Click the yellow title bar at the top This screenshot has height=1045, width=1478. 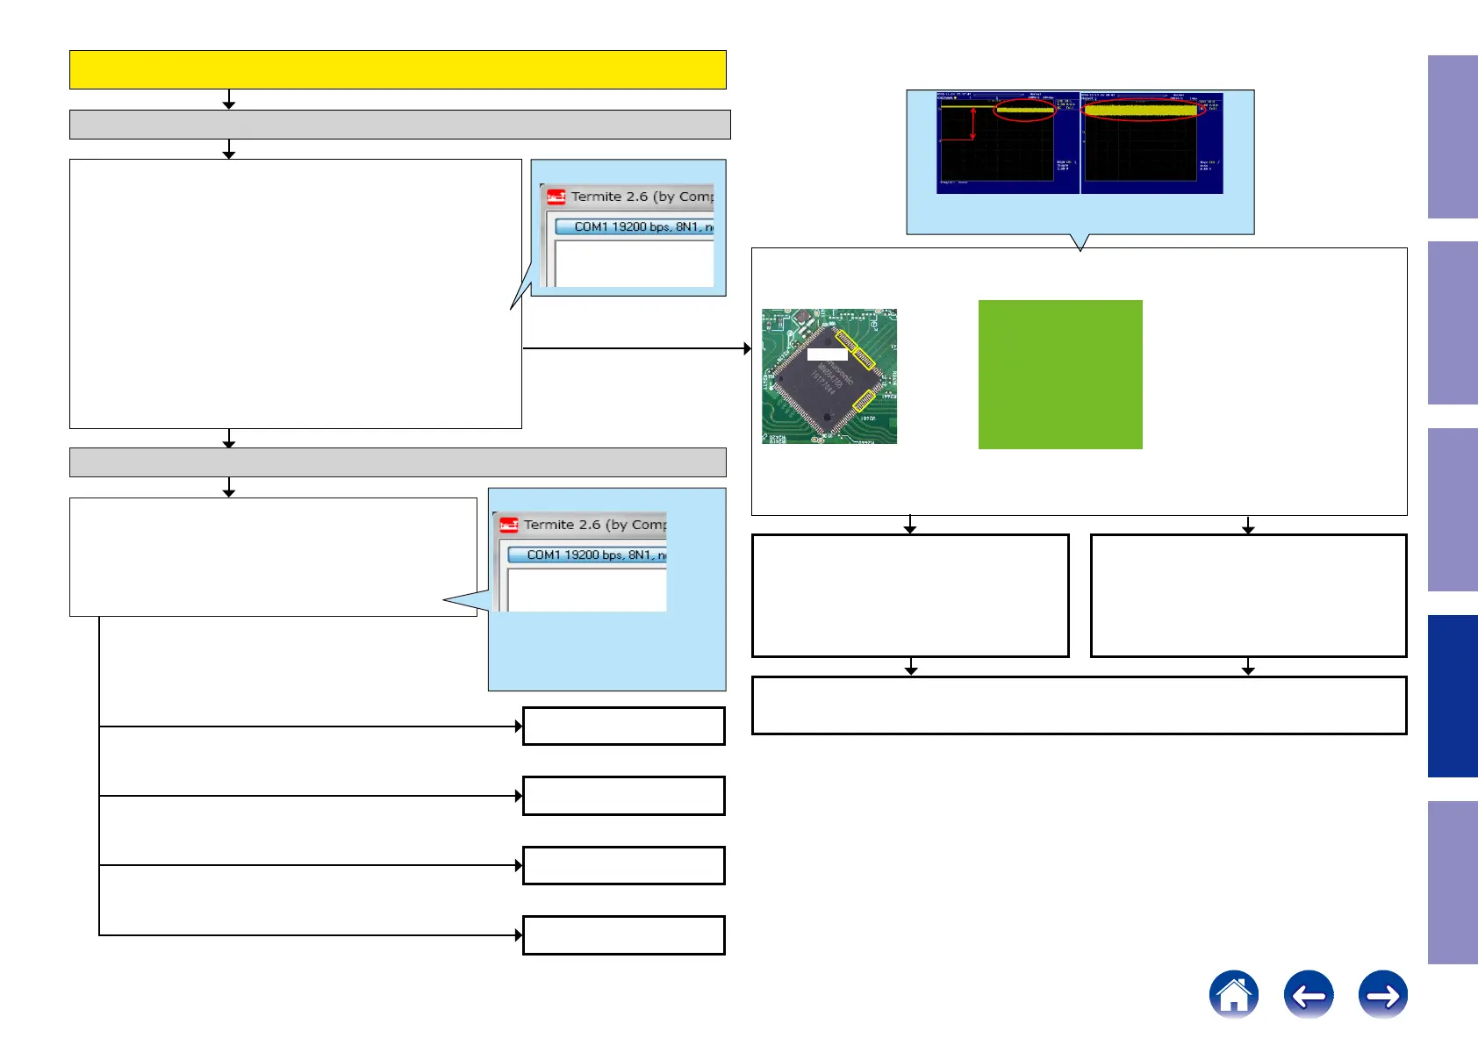pyautogui.click(x=398, y=69)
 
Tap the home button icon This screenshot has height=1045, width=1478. pyautogui.click(x=1233, y=994)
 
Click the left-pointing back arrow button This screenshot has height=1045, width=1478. pyautogui.click(x=1308, y=994)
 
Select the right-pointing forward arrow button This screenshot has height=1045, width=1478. pyautogui.click(x=1382, y=994)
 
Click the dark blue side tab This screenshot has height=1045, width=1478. pyautogui.click(x=1452, y=696)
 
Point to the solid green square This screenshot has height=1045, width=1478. pyautogui.click(x=1060, y=375)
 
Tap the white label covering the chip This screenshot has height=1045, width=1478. pyautogui.click(x=827, y=354)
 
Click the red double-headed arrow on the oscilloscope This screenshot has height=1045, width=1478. pyautogui.click(x=972, y=124)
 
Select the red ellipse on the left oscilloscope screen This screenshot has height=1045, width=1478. pyautogui.click(x=1024, y=110)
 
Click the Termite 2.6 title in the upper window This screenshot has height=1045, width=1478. pyautogui.click(x=642, y=197)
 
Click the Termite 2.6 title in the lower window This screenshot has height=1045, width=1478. pyautogui.click(x=594, y=525)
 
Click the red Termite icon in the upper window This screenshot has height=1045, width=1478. pyautogui.click(x=556, y=197)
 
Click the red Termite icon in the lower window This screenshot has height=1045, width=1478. pyautogui.click(x=508, y=525)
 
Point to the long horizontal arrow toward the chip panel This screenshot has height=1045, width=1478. pyautogui.click(x=636, y=348)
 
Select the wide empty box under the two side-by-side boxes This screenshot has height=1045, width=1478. pyautogui.click(x=1079, y=705)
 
